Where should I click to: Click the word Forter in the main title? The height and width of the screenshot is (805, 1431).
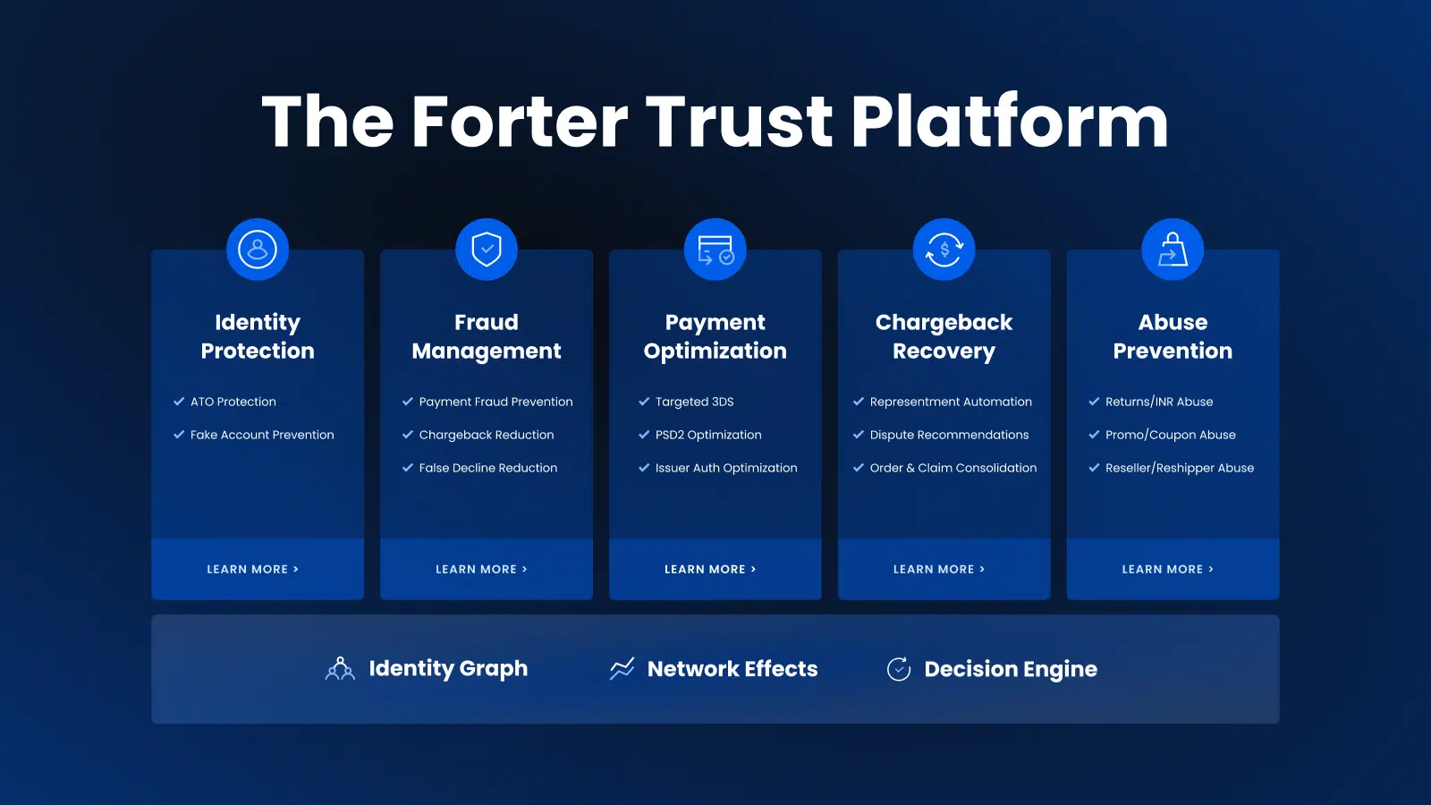(x=520, y=122)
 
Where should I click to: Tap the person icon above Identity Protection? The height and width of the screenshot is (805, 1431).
(x=258, y=250)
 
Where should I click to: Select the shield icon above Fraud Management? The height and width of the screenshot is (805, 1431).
(x=487, y=250)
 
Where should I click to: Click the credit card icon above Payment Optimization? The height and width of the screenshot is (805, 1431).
(x=715, y=250)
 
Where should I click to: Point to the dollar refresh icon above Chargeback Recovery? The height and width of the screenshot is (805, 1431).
(x=944, y=250)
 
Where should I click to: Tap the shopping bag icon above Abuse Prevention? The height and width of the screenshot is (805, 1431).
(x=1173, y=250)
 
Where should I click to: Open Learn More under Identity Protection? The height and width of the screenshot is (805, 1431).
(x=253, y=569)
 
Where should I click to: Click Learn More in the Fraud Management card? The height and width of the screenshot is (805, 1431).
(x=482, y=569)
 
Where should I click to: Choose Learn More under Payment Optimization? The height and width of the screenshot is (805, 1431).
(x=710, y=569)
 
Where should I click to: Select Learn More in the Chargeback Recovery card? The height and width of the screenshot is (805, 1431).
(x=939, y=569)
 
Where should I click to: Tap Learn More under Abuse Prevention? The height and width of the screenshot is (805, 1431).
(x=1168, y=569)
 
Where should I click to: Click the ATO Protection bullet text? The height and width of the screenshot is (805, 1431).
(x=233, y=402)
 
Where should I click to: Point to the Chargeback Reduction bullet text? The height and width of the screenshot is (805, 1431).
(x=487, y=435)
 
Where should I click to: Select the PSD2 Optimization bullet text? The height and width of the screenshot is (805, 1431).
(x=708, y=435)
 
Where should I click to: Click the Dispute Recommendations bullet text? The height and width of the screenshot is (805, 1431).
(x=949, y=435)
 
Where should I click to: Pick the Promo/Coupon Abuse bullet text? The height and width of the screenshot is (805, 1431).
(x=1171, y=435)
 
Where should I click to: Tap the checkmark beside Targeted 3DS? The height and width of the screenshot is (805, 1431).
(x=644, y=402)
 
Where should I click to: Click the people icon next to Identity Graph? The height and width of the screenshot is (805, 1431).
(x=340, y=668)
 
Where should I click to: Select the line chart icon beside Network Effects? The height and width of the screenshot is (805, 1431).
(x=622, y=669)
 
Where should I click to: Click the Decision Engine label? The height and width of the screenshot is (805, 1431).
(x=1011, y=669)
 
